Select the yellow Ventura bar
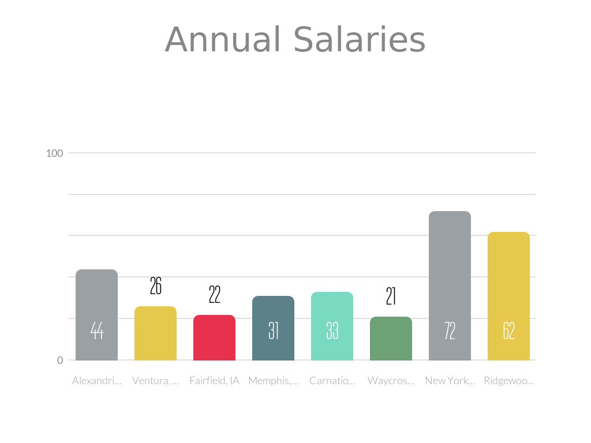point(155,333)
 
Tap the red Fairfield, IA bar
point(214,337)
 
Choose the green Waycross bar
point(391,339)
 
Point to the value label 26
point(155,286)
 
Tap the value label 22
point(214,295)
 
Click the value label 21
point(391,296)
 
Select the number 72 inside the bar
point(450,331)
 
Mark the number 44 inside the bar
point(96,331)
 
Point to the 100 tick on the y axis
point(54,153)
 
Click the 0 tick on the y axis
point(60,361)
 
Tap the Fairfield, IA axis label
point(214,381)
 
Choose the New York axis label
point(450,381)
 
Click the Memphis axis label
point(273,381)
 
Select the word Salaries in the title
point(359,40)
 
